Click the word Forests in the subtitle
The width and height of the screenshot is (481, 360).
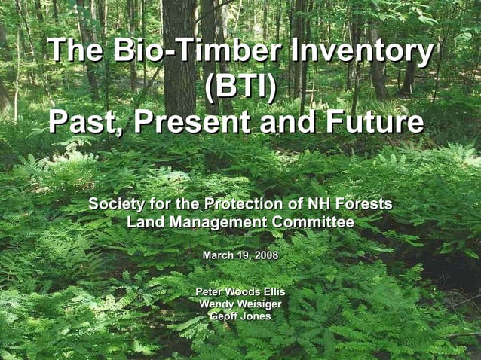pyautogui.click(x=365, y=205)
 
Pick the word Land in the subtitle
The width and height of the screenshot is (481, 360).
pyautogui.click(x=146, y=223)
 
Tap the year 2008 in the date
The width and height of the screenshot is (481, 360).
pyautogui.click(x=265, y=256)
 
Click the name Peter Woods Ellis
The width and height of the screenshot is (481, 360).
pyautogui.click(x=240, y=291)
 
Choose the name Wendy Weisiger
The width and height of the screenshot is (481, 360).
pyautogui.click(x=240, y=304)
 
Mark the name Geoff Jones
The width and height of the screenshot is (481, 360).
pyautogui.click(x=240, y=316)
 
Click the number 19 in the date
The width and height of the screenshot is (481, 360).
pyautogui.click(x=244, y=256)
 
